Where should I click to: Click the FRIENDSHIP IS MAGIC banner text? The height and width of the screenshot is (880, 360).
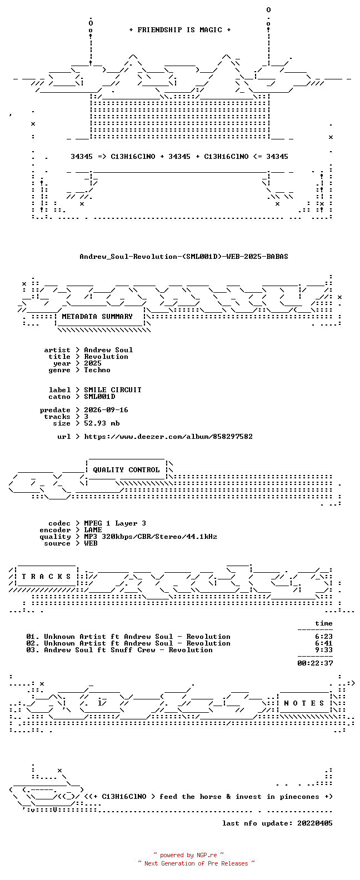click(x=179, y=30)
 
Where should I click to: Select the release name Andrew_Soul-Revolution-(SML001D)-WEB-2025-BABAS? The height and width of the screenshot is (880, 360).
click(x=183, y=257)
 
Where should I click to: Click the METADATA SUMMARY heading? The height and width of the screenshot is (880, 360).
click(x=97, y=316)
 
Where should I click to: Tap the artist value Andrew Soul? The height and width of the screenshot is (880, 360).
click(x=108, y=349)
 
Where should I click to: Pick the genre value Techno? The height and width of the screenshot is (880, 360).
click(x=97, y=369)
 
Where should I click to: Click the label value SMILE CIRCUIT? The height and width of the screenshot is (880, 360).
click(x=113, y=389)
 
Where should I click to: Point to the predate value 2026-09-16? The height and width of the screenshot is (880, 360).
click(x=106, y=410)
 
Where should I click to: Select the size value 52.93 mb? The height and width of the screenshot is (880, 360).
click(x=102, y=423)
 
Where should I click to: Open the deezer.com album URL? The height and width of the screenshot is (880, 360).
click(x=168, y=437)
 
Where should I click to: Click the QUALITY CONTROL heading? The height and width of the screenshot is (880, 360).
click(x=126, y=470)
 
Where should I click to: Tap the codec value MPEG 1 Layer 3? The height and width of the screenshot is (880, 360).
click(x=115, y=523)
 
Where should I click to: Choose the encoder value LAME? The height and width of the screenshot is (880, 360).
click(x=93, y=530)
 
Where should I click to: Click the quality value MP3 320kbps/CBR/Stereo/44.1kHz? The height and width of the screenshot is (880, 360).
click(x=151, y=537)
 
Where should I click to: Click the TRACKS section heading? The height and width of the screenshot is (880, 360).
click(x=46, y=576)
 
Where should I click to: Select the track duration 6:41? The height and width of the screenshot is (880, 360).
click(x=323, y=643)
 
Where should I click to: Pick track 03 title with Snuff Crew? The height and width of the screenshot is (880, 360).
click(x=128, y=650)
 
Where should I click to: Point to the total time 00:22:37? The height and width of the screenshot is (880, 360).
click(x=315, y=663)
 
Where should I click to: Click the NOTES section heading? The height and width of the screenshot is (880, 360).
click(x=304, y=703)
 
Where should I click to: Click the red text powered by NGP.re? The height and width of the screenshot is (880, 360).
click(x=188, y=855)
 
